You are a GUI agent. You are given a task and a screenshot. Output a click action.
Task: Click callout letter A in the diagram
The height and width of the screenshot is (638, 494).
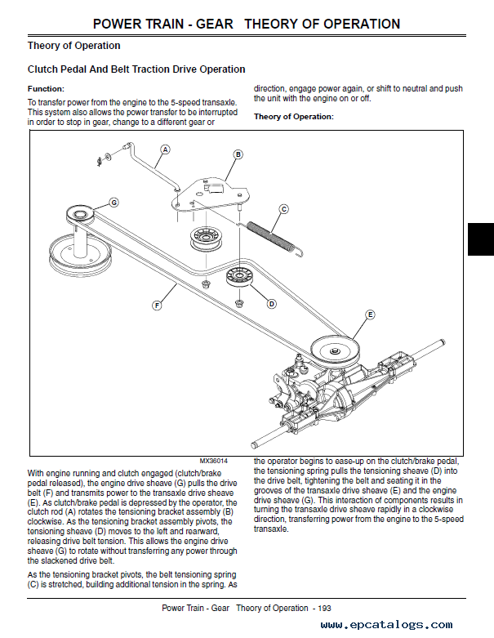[x=165, y=150]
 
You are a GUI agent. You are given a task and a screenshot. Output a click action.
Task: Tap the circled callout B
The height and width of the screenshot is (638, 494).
[x=238, y=154]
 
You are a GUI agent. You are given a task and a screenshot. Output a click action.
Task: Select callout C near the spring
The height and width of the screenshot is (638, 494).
[x=283, y=209]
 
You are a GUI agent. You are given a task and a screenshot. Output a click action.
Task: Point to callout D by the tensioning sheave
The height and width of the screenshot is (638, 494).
[x=271, y=303]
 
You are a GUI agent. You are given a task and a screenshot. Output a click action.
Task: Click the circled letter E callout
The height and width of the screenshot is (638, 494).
[x=369, y=315]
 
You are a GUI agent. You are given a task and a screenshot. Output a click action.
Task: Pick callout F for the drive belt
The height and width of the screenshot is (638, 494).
[x=157, y=306]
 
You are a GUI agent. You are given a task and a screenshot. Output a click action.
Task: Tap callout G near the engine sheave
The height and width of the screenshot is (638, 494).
[x=113, y=202]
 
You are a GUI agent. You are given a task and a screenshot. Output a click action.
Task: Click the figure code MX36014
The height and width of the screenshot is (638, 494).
[x=213, y=461]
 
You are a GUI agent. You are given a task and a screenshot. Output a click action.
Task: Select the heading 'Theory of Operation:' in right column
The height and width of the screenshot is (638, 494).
[x=293, y=117]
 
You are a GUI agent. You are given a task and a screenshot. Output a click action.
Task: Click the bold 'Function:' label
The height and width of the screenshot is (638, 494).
[x=46, y=88]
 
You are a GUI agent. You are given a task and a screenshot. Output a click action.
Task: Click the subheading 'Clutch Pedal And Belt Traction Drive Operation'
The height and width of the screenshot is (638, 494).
[x=136, y=69]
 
